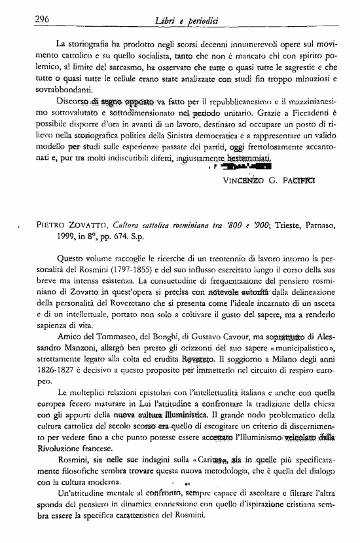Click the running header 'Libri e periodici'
[x=182, y=21]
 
